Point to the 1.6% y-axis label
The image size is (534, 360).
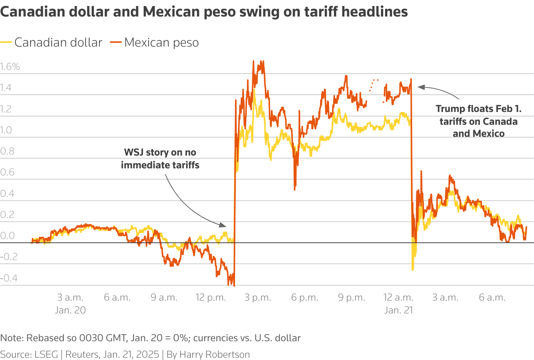[x=10, y=67]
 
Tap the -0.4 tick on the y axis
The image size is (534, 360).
[x=9, y=278]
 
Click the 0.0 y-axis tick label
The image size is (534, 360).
[x=8, y=236]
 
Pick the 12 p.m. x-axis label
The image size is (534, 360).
[x=211, y=298]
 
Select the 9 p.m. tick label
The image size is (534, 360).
[x=351, y=298]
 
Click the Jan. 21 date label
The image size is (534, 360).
[x=399, y=310]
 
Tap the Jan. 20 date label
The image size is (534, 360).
[x=70, y=310]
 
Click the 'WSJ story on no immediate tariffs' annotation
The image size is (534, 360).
[x=160, y=159]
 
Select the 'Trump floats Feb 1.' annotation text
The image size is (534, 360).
[x=478, y=109]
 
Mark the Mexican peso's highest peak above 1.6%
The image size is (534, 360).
[x=262, y=61]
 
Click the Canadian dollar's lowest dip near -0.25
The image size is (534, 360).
[x=413, y=269]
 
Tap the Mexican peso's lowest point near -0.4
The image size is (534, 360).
[x=234, y=286]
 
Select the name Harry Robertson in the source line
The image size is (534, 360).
[x=214, y=354]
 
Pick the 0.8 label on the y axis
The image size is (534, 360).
[x=8, y=151]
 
